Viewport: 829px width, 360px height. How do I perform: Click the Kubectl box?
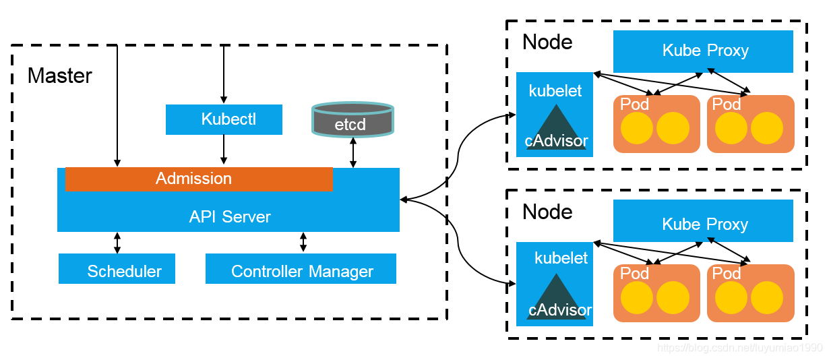click(x=224, y=119)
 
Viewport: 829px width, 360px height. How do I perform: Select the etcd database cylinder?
click(x=352, y=119)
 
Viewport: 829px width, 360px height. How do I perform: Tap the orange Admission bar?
click(x=199, y=179)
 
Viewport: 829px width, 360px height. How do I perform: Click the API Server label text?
click(x=230, y=216)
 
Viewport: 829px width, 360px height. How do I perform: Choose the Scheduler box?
click(x=117, y=268)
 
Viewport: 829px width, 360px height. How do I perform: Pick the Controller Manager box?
click(x=301, y=268)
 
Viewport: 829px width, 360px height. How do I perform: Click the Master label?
click(x=59, y=76)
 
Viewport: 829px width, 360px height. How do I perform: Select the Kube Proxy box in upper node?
click(x=703, y=51)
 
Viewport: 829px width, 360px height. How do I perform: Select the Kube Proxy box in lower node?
click(x=703, y=220)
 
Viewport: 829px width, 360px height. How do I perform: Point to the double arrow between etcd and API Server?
click(x=353, y=152)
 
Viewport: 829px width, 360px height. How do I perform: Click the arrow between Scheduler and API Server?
click(x=117, y=243)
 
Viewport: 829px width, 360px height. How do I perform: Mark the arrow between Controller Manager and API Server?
click(x=303, y=242)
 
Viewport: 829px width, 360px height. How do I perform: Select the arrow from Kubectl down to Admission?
click(x=224, y=149)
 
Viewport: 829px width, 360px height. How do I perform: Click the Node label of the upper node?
click(x=547, y=42)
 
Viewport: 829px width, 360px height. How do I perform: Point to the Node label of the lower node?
click(x=547, y=212)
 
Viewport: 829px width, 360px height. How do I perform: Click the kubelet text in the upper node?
click(x=555, y=91)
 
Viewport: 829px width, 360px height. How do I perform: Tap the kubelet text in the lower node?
click(x=561, y=258)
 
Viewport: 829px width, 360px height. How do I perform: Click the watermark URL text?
click(x=740, y=348)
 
